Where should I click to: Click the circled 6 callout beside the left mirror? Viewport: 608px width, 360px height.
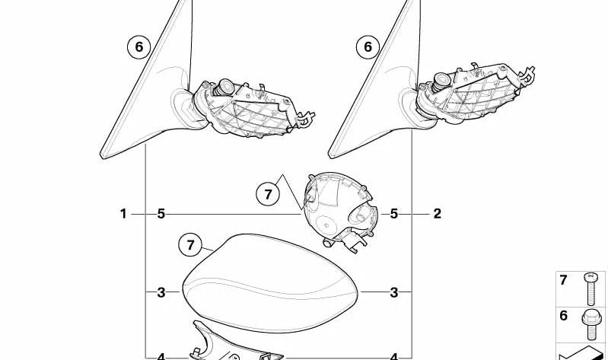click(138, 47)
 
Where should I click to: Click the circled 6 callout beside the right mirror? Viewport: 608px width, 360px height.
click(368, 47)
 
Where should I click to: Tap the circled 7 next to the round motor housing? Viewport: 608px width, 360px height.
click(268, 193)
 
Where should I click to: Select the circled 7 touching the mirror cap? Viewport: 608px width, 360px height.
click(190, 245)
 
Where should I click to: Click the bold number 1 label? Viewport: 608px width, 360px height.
click(123, 214)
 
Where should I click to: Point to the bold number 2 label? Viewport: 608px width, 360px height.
click(437, 214)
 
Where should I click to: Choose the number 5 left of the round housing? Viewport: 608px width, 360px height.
click(161, 214)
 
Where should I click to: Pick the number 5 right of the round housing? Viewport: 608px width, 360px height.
click(394, 214)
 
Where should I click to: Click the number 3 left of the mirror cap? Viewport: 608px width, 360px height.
click(161, 292)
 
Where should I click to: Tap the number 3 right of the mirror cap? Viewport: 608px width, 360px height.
click(394, 292)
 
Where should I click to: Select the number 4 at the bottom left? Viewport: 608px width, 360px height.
click(161, 356)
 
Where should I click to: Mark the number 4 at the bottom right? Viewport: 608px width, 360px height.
click(394, 356)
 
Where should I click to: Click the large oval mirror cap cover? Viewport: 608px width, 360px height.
click(270, 283)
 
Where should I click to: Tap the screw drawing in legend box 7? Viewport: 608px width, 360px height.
click(590, 288)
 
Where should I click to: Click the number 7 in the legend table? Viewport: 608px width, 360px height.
click(563, 279)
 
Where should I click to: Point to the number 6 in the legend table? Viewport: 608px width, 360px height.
click(563, 315)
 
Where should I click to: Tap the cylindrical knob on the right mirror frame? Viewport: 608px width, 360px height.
click(441, 81)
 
